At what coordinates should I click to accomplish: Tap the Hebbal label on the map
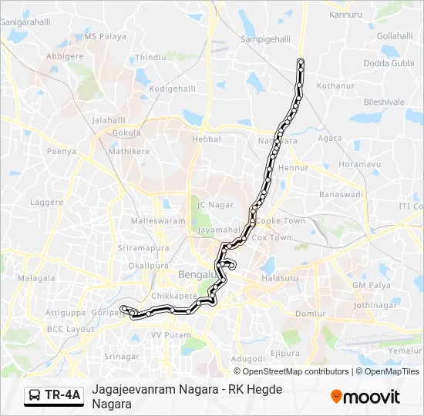click(x=206, y=139)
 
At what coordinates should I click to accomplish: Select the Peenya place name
click(x=61, y=152)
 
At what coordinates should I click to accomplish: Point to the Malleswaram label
click(x=158, y=221)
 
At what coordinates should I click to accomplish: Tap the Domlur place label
click(x=311, y=314)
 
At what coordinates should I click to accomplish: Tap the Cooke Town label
click(x=281, y=220)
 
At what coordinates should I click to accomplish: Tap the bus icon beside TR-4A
click(x=35, y=396)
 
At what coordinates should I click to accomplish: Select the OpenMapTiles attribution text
click(x=391, y=371)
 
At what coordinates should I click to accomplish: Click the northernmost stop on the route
click(x=300, y=61)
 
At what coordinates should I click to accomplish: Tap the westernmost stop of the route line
click(x=123, y=310)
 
